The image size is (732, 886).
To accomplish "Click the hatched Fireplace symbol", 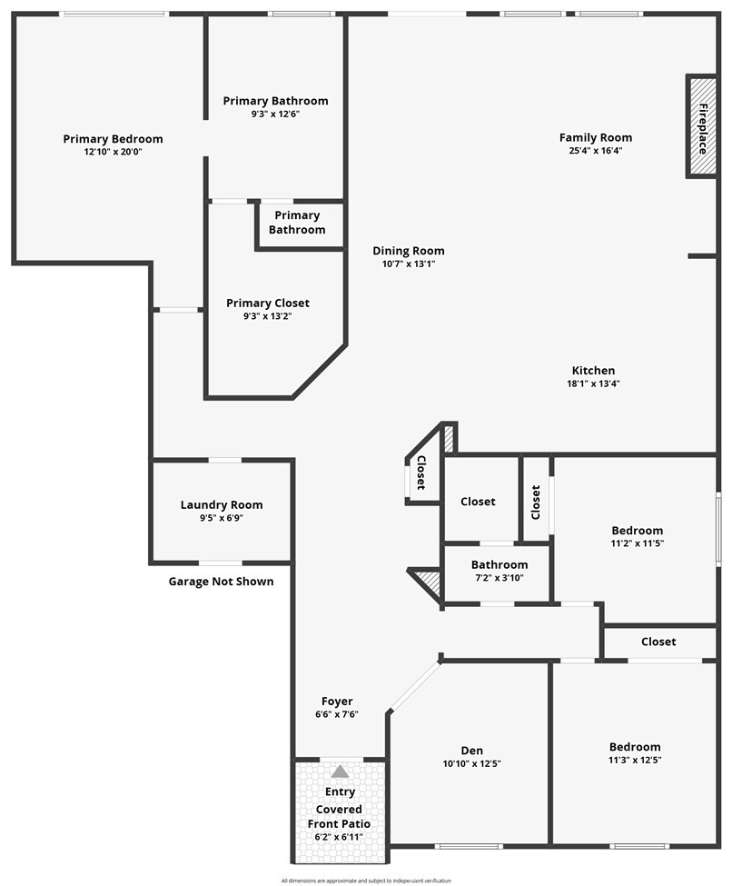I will pyautogui.click(x=702, y=127).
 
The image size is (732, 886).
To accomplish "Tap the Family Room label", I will pyautogui.click(x=595, y=137).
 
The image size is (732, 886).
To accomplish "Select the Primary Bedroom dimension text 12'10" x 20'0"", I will pyautogui.click(x=113, y=152).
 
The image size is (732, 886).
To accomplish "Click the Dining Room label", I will pyautogui.click(x=409, y=251).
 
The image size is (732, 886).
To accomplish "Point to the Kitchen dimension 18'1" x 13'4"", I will pyautogui.click(x=595, y=383).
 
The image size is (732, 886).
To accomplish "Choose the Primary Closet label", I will pyautogui.click(x=268, y=303).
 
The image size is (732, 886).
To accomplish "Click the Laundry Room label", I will pyautogui.click(x=222, y=505).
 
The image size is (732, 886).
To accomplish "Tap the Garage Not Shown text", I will pyautogui.click(x=221, y=582).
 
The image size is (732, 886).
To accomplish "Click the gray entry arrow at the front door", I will pyautogui.click(x=340, y=772).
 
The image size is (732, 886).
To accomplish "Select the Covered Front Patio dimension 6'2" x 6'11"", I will pyautogui.click(x=340, y=836).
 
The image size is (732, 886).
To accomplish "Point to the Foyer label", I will pyautogui.click(x=337, y=701).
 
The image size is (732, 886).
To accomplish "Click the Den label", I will pyautogui.click(x=471, y=751).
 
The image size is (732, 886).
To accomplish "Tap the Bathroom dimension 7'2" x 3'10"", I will pyautogui.click(x=499, y=578).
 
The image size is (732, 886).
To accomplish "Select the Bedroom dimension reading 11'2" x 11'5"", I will pyautogui.click(x=637, y=543).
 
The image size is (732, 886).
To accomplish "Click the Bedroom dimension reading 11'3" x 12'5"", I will pyautogui.click(x=635, y=760).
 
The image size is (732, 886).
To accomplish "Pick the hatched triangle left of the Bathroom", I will pyautogui.click(x=427, y=582).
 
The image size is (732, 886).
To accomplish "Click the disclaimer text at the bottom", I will pyautogui.click(x=366, y=880).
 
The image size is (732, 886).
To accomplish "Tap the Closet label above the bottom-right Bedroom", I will pyautogui.click(x=658, y=642).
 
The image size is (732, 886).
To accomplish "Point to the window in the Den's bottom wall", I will pyautogui.click(x=468, y=846).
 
